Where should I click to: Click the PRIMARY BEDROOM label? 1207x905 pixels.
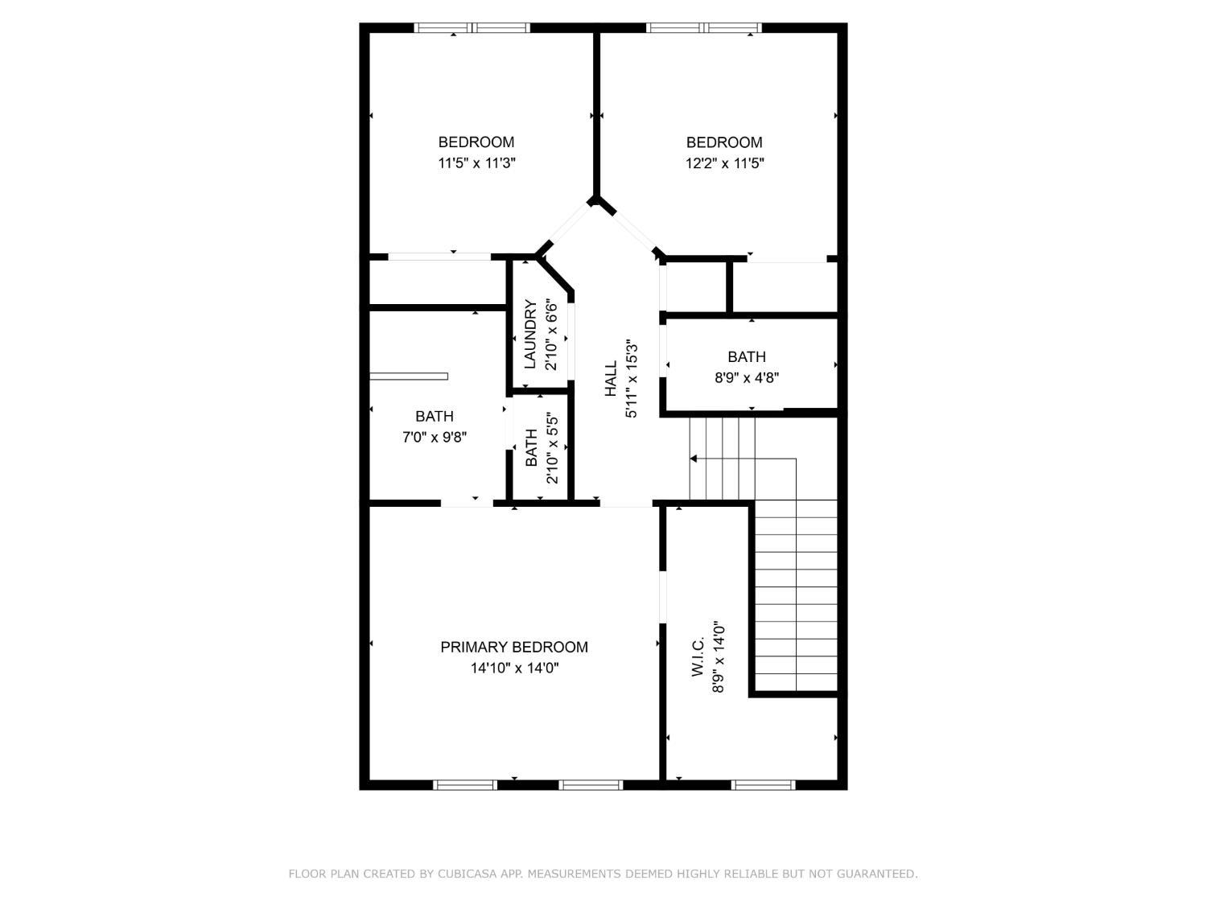[x=513, y=647]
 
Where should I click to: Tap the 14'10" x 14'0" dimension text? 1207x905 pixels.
[x=514, y=668]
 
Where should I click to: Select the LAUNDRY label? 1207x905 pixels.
[x=530, y=334]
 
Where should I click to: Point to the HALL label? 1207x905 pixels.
[x=611, y=379]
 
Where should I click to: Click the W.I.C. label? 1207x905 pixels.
[x=698, y=657]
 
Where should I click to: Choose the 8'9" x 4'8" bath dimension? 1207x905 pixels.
[x=747, y=378]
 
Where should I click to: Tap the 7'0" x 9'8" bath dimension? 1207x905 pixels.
[x=435, y=438]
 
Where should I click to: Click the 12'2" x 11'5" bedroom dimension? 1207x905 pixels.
[x=724, y=163]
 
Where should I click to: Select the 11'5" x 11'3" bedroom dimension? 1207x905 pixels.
[x=476, y=163]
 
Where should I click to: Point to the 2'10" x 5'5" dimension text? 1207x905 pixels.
[x=552, y=448]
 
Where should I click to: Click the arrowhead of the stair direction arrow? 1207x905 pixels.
[x=694, y=459]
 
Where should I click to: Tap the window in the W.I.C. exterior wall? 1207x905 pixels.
[x=763, y=784]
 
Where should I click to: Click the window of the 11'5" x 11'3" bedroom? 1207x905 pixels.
[x=472, y=28]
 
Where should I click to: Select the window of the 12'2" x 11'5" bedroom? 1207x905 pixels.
[x=704, y=28]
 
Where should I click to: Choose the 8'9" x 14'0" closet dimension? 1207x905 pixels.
[x=718, y=657]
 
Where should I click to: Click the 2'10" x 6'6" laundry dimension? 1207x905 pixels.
[x=551, y=334]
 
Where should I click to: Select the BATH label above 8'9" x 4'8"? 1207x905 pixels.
[x=747, y=356]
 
